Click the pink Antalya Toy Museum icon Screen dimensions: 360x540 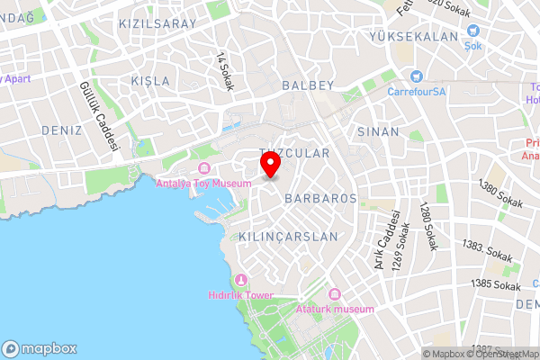click(x=204, y=169)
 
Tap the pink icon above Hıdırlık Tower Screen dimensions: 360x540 click(x=239, y=280)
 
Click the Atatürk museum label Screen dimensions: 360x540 click(x=334, y=309)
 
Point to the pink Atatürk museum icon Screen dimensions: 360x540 click(x=335, y=294)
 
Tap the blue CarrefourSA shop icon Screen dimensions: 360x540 click(x=417, y=76)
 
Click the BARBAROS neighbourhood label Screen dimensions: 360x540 click(x=321, y=198)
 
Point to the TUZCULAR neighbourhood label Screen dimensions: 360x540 click(x=294, y=154)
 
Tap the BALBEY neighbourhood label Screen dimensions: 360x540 click(x=308, y=85)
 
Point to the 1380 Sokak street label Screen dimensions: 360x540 click(x=500, y=196)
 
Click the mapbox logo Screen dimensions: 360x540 click(x=40, y=348)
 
